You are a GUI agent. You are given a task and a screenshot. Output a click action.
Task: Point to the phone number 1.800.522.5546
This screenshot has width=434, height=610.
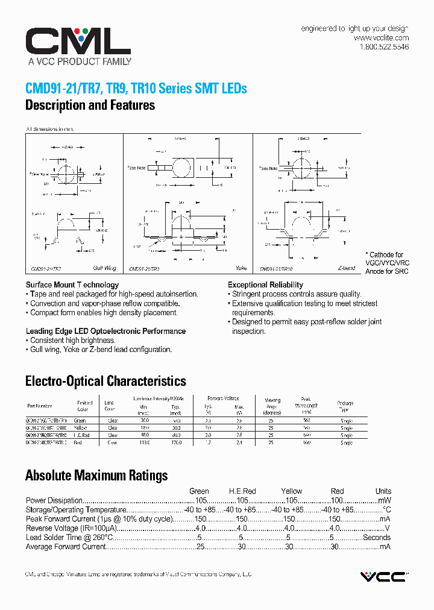[384, 47]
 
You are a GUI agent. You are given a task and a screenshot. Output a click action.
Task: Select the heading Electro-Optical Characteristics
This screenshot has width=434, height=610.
[105, 381]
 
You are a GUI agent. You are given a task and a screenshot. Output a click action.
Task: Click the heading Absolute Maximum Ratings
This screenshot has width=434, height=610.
[96, 476]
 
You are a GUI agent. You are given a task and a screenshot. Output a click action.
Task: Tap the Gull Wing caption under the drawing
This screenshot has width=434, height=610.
[104, 267]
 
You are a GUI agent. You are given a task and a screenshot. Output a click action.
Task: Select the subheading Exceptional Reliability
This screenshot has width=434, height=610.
[265, 285]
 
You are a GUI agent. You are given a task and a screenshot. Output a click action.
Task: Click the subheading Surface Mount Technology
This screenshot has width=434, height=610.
[72, 285]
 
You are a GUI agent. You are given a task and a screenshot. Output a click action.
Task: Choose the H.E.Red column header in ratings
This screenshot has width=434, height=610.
[242, 491]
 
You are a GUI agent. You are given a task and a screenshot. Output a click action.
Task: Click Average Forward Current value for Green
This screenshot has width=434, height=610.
[200, 547]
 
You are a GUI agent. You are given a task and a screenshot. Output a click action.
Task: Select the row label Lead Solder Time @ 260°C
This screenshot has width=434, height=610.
[69, 538]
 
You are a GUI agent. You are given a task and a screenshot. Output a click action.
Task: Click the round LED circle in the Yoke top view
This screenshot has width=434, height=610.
[182, 167]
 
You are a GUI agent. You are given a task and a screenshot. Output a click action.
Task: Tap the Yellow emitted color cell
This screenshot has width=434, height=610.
[81, 427]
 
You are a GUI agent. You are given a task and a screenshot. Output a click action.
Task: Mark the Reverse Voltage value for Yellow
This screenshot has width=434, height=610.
[291, 528]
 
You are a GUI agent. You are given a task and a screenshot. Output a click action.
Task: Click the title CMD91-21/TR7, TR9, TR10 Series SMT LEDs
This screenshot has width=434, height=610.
[136, 88]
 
